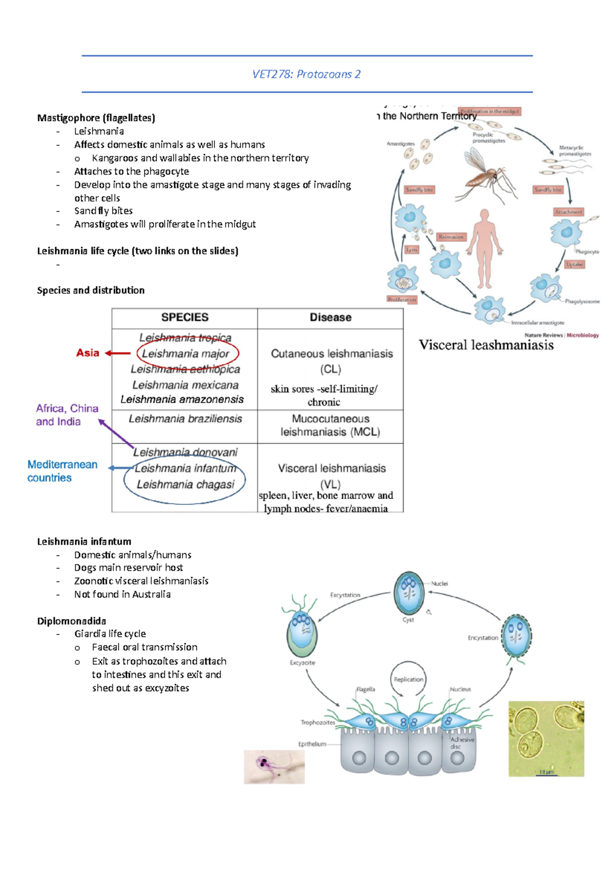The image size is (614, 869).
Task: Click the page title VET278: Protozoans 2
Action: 306,74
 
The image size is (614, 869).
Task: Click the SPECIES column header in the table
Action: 185,317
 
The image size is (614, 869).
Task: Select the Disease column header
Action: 331,317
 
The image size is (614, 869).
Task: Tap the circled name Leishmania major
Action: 186,354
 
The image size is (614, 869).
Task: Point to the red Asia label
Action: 87,353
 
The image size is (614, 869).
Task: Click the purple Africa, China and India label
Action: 67,415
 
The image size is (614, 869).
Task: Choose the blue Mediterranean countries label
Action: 62,471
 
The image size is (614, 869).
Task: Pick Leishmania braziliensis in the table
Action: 185,419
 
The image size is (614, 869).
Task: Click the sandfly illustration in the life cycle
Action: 486,174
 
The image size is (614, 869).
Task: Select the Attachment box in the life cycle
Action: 568,212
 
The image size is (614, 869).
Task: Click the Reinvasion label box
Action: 451,237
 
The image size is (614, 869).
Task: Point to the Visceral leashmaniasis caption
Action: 486,345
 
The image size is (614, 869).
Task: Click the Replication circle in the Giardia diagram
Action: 408,679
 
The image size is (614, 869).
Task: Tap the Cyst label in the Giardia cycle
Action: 408,620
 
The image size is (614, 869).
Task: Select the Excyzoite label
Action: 302,663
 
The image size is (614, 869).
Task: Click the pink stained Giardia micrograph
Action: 274,767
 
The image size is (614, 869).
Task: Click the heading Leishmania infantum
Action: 84,541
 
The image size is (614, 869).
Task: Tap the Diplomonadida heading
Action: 71,621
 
